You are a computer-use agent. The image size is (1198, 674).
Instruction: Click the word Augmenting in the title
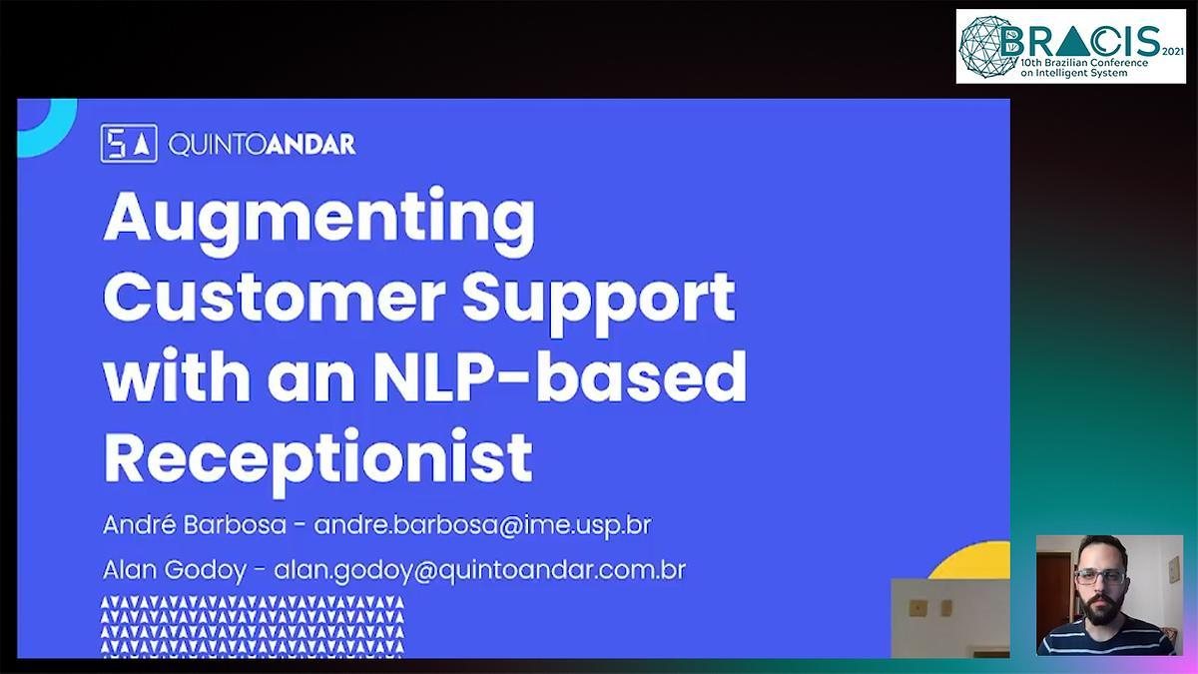coord(319,222)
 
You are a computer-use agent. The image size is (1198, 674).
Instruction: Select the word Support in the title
coord(599,304)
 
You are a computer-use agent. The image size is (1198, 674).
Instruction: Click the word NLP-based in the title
coord(559,376)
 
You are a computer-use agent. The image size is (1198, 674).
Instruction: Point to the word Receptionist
coord(318,461)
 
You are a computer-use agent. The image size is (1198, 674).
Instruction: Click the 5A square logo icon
coord(129,144)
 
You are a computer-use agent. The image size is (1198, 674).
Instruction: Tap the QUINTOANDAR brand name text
coord(262,145)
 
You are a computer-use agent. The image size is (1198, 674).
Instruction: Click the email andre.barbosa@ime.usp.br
coord(482,525)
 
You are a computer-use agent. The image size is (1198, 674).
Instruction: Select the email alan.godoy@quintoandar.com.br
coord(480,570)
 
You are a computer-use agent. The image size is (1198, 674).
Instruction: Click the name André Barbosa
coord(195,525)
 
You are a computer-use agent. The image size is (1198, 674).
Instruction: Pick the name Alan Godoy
coord(175,570)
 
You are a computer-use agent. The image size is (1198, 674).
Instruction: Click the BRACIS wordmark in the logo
coord(1080,42)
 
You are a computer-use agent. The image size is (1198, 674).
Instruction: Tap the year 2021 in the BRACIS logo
coord(1173,52)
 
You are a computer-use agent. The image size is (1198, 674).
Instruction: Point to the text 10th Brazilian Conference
coord(1084,63)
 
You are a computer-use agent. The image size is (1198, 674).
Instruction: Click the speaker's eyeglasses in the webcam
coord(1100,577)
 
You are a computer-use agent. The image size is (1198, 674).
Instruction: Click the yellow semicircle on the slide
coord(970,560)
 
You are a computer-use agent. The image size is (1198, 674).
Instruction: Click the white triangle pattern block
coord(253,626)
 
